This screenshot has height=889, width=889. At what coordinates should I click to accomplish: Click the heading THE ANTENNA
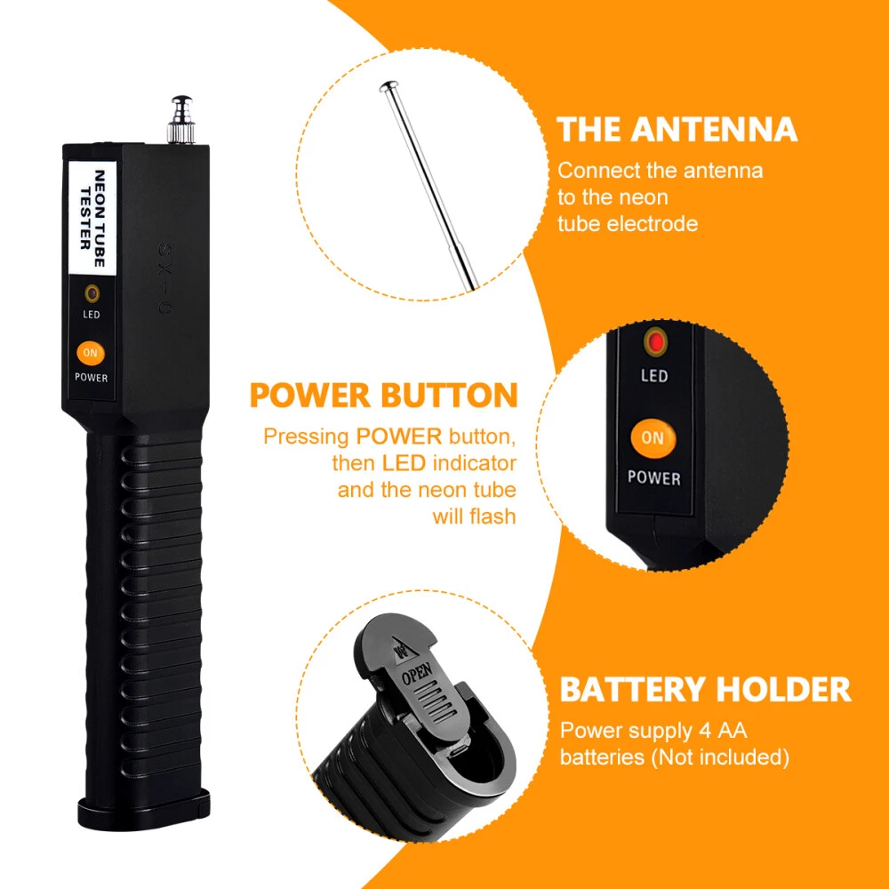(677, 129)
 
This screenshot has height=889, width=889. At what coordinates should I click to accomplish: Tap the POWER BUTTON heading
(384, 396)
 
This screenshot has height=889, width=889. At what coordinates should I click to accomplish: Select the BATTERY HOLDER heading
(705, 690)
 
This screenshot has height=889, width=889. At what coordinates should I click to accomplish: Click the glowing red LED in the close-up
(655, 342)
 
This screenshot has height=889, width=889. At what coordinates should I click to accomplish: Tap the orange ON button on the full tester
(91, 353)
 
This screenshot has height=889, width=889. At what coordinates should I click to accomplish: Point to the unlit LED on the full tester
(92, 293)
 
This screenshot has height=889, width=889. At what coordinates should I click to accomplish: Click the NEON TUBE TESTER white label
(92, 219)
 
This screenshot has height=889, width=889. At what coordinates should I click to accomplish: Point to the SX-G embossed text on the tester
(165, 279)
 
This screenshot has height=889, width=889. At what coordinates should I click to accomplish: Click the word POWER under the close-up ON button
(653, 478)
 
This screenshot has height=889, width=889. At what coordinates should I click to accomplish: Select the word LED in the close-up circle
(654, 376)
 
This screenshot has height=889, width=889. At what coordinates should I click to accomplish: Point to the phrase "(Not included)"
(720, 757)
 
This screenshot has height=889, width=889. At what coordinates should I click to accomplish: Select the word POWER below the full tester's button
(92, 378)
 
